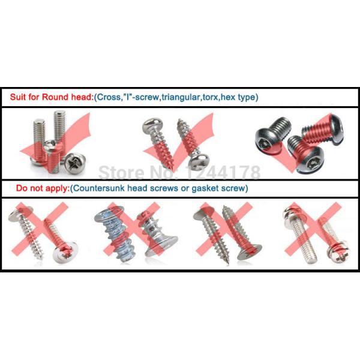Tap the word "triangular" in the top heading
point(181,97)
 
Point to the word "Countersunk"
point(99,188)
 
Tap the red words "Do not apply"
point(42,188)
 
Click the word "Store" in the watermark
point(121,172)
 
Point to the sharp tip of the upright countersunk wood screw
point(228,263)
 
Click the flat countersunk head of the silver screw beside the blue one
point(162,246)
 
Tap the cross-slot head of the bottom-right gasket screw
point(342,255)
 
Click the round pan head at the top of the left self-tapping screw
point(152,125)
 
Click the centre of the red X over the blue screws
point(132,229)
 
